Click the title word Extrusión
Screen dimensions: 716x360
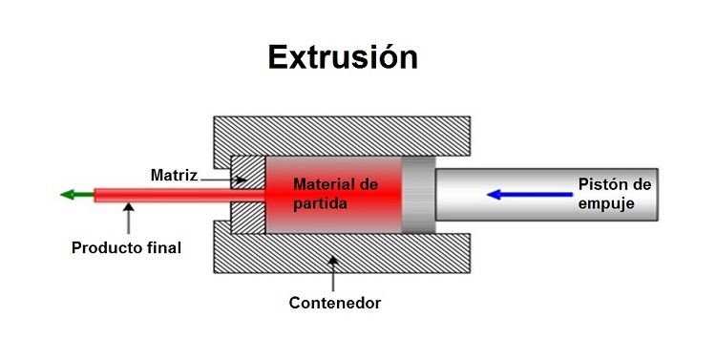click(x=343, y=56)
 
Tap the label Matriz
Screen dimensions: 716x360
click(x=173, y=176)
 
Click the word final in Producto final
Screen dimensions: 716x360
click(x=163, y=248)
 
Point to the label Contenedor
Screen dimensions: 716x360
click(x=334, y=304)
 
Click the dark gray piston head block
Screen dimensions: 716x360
click(x=417, y=194)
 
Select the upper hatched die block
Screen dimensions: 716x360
click(x=247, y=172)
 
